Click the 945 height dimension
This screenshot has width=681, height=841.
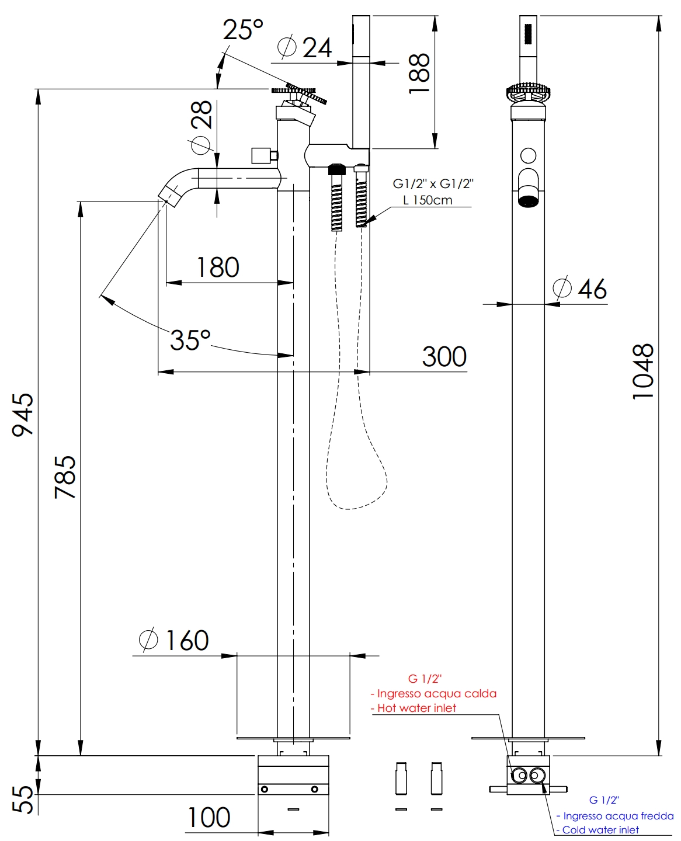[23, 414]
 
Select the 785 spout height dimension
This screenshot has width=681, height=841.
[65, 477]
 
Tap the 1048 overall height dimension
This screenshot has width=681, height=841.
[643, 371]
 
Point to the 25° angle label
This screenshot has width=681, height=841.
[243, 30]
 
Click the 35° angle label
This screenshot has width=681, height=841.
[190, 340]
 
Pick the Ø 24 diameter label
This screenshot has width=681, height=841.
[304, 47]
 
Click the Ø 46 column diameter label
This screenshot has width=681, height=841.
[580, 289]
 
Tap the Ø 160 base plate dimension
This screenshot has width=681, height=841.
[174, 641]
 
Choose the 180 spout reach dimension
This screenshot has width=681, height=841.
[218, 267]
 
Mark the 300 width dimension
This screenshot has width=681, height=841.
[444, 357]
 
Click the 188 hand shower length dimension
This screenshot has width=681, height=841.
[419, 74]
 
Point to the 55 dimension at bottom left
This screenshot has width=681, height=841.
[23, 799]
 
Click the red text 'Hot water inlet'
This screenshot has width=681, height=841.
[416, 708]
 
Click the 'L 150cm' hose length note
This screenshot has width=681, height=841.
[428, 200]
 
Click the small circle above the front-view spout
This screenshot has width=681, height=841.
[528, 155]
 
